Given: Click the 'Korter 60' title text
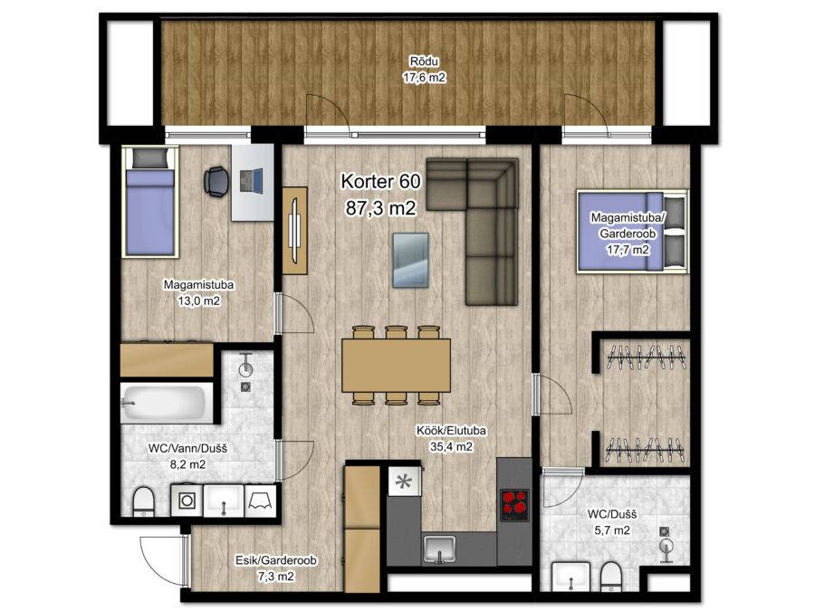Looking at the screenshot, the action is point(380,181).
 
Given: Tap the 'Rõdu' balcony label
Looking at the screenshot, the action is point(424,62).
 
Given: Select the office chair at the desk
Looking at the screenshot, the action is point(216,182).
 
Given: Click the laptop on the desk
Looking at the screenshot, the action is point(252,181).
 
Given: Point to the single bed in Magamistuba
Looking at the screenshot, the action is point(149,202).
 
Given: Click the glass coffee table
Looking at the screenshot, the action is point(410,260).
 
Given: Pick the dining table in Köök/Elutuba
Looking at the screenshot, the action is point(396,366).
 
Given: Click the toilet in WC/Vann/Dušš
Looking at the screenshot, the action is point(143,501).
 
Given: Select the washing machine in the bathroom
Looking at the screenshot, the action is point(187,501).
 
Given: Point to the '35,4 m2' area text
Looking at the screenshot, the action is point(451,446).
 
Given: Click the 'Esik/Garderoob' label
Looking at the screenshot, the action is point(276,560).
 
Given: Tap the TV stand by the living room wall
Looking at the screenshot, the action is point(294,230).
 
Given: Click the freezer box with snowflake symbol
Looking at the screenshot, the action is point(403,482).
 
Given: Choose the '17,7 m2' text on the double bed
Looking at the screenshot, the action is point(628,250).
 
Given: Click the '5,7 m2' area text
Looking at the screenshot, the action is point(612,530).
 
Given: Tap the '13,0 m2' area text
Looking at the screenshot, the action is point(198,301).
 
